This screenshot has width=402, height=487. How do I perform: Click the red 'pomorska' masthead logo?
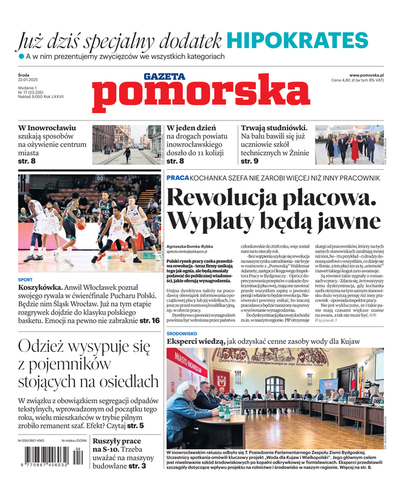[193, 96]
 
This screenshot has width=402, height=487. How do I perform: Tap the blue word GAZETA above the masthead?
[164, 77]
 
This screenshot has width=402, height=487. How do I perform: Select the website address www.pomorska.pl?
[370, 75]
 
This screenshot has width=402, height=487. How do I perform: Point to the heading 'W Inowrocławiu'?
[47, 128]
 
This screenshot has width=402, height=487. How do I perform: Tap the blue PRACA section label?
[178, 177]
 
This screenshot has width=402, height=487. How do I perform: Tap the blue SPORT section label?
[26, 280]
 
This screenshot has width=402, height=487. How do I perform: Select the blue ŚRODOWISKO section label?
[184, 334]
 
